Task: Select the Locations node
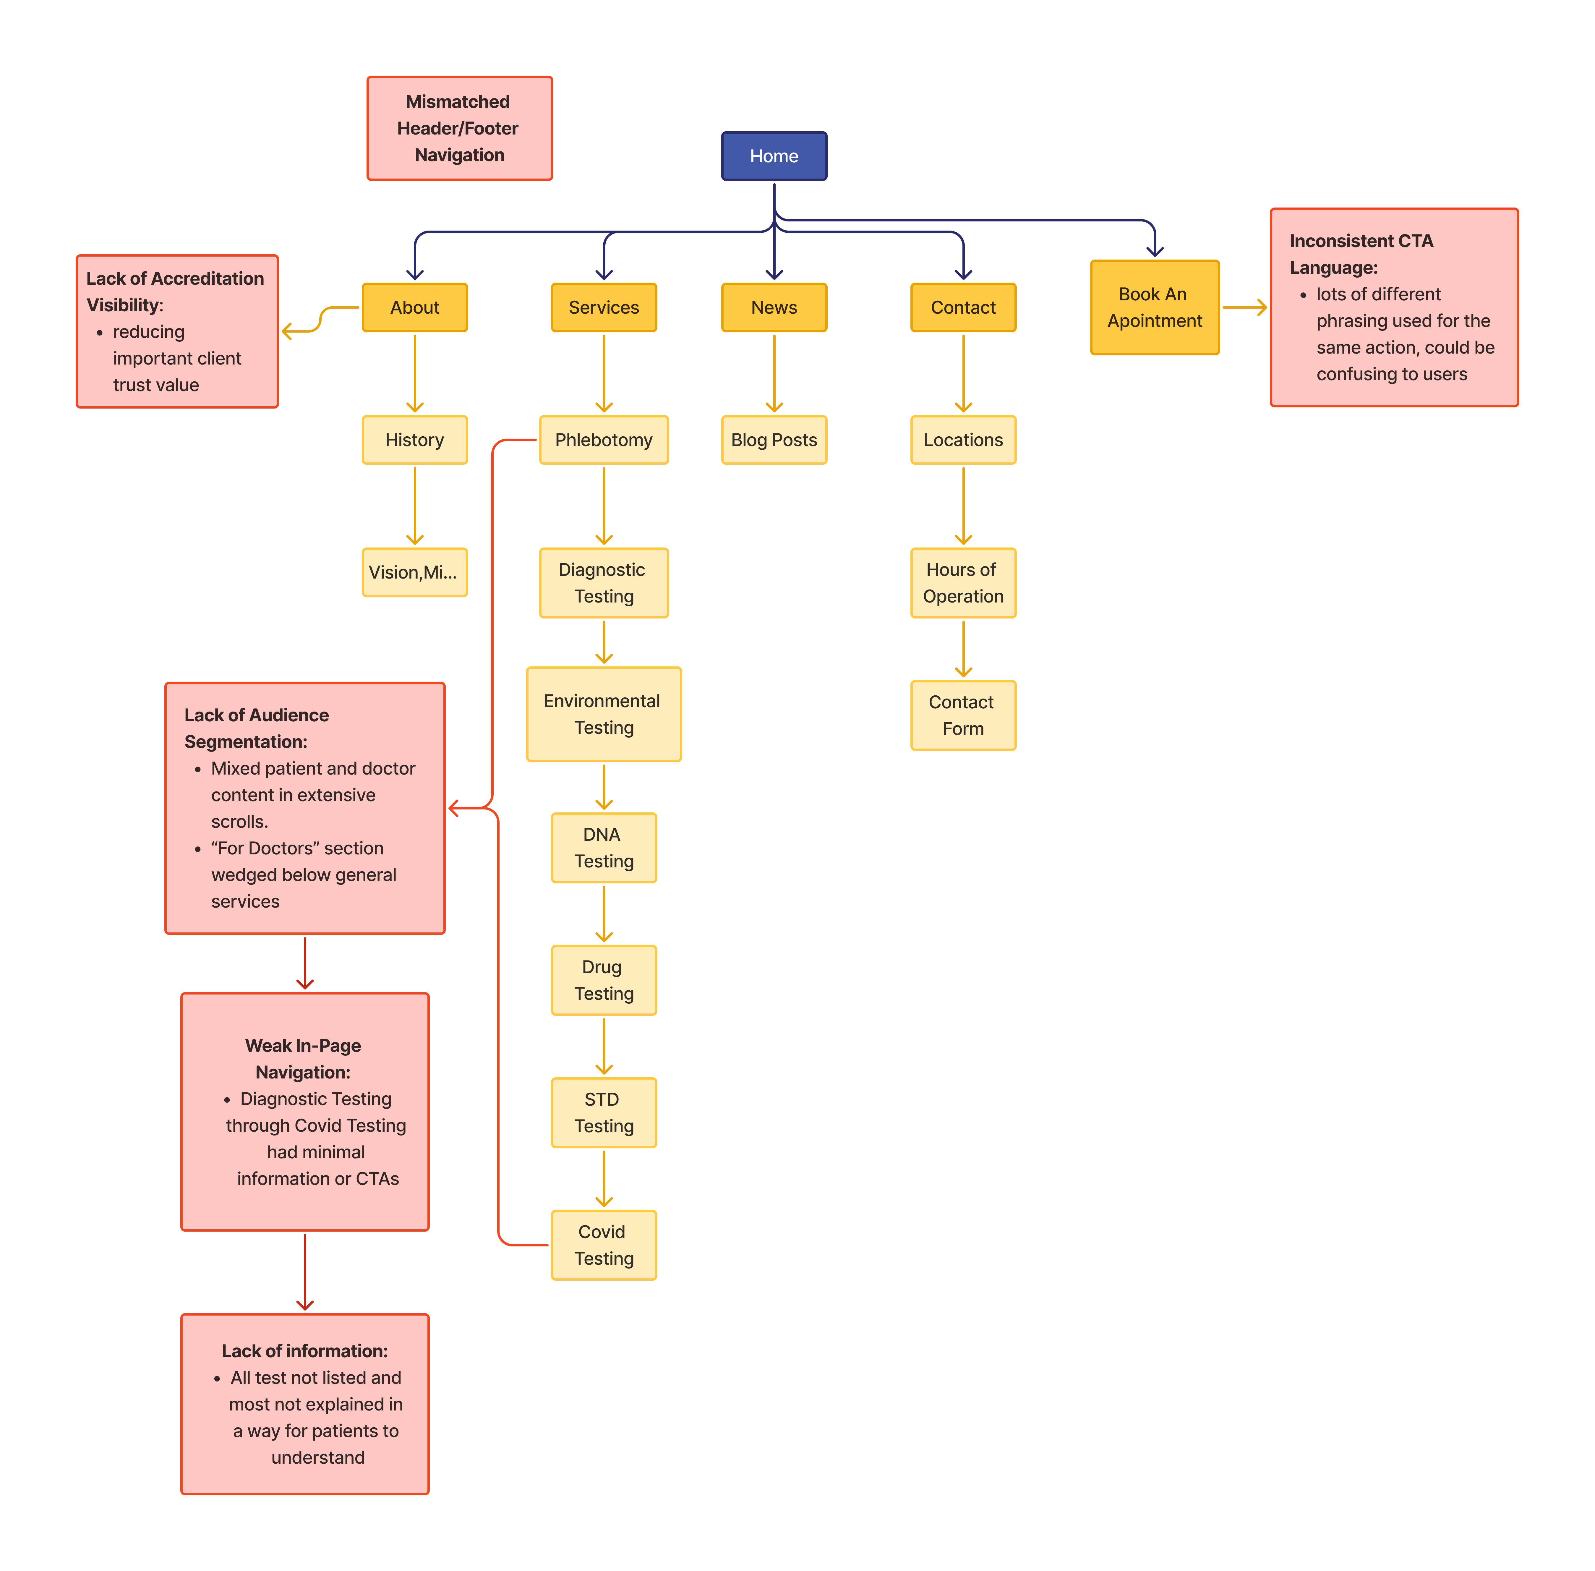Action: [x=963, y=440]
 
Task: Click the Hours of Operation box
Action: [x=963, y=582]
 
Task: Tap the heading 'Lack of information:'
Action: [x=304, y=1351]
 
